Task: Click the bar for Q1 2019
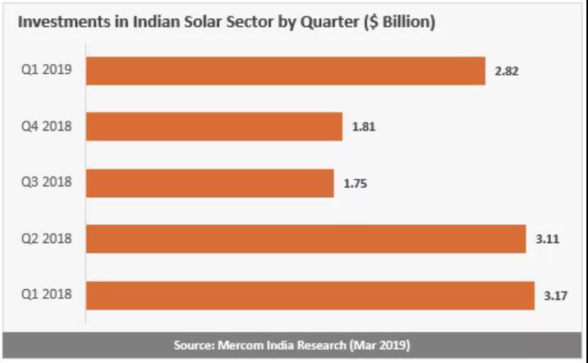pos(285,71)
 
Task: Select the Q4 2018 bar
pos(214,126)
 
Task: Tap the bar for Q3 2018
pos(209,183)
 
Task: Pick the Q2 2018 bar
pos(305,239)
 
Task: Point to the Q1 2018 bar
pos(310,296)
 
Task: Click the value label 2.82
pos(507,71)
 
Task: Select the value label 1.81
pos(364,127)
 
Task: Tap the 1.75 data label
pos(355,184)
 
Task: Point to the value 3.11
pos(546,240)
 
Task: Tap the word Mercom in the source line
pos(245,345)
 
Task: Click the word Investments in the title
pos(61,22)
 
